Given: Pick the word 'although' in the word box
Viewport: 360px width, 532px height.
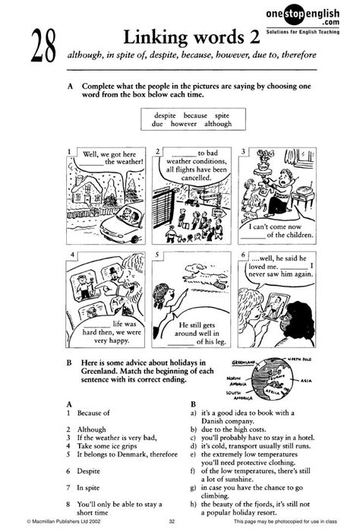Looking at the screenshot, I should pyautogui.click(x=217, y=122).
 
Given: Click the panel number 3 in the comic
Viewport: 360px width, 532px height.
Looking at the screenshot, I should pyautogui.click(x=242, y=151).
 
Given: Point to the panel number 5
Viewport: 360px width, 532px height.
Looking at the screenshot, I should pyautogui.click(x=156, y=256).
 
